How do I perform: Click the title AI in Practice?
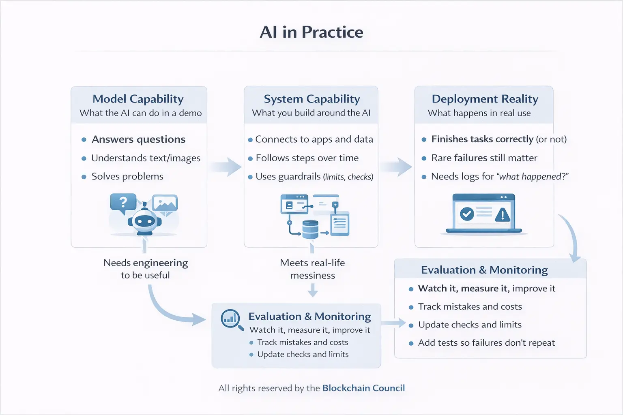pyautogui.click(x=311, y=32)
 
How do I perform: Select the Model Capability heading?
pyautogui.click(x=138, y=99)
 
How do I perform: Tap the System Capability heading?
pyautogui.click(x=311, y=99)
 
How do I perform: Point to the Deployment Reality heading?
pyautogui.click(x=485, y=99)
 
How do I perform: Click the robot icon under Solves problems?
pyautogui.click(x=144, y=221)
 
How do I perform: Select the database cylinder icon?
pyautogui.click(x=310, y=229)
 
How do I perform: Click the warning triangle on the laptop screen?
pyautogui.click(x=503, y=214)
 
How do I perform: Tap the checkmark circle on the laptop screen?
pyautogui.click(x=467, y=214)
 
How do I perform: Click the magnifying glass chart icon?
pyautogui.click(x=231, y=319)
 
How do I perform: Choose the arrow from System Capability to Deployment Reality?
pyautogui.click(x=396, y=167)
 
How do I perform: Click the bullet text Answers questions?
pyautogui.click(x=138, y=139)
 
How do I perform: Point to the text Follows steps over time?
pyautogui.click(x=307, y=158)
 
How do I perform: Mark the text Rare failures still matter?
pyautogui.click(x=484, y=158)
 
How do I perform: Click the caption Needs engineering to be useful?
pyautogui.click(x=146, y=269)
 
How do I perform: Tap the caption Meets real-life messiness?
pyautogui.click(x=312, y=269)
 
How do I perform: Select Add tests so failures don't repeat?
pyautogui.click(x=486, y=343)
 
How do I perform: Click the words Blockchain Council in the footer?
pyautogui.click(x=363, y=388)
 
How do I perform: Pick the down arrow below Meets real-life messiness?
pyautogui.click(x=313, y=290)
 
